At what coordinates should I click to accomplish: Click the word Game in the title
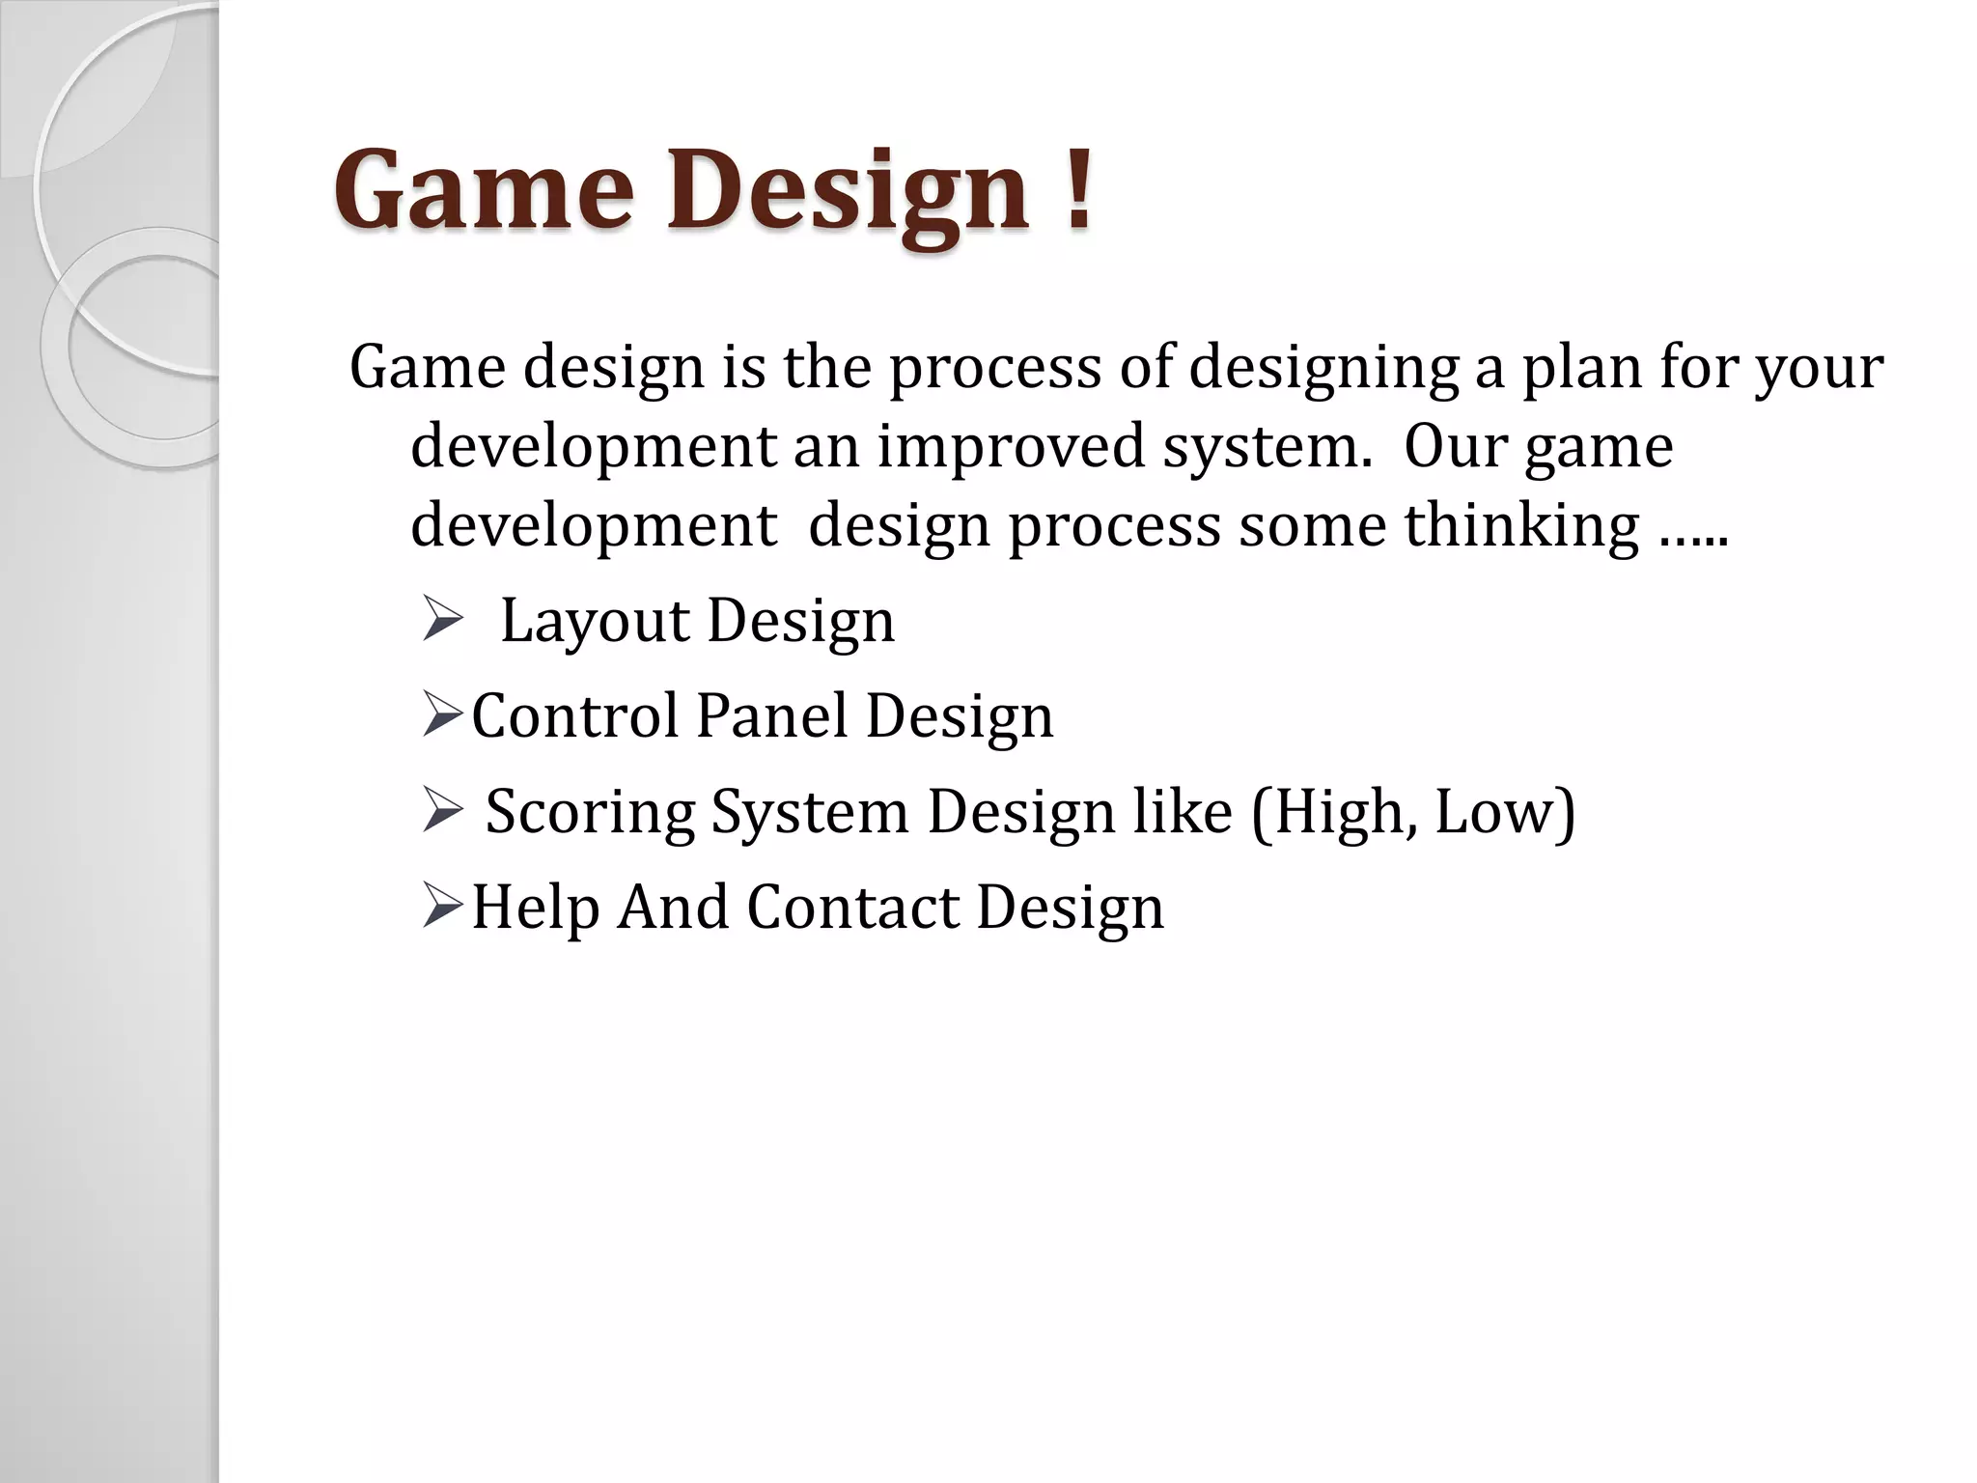point(484,190)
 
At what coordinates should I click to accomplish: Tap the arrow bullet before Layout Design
point(444,621)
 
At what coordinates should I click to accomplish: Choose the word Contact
point(852,908)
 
